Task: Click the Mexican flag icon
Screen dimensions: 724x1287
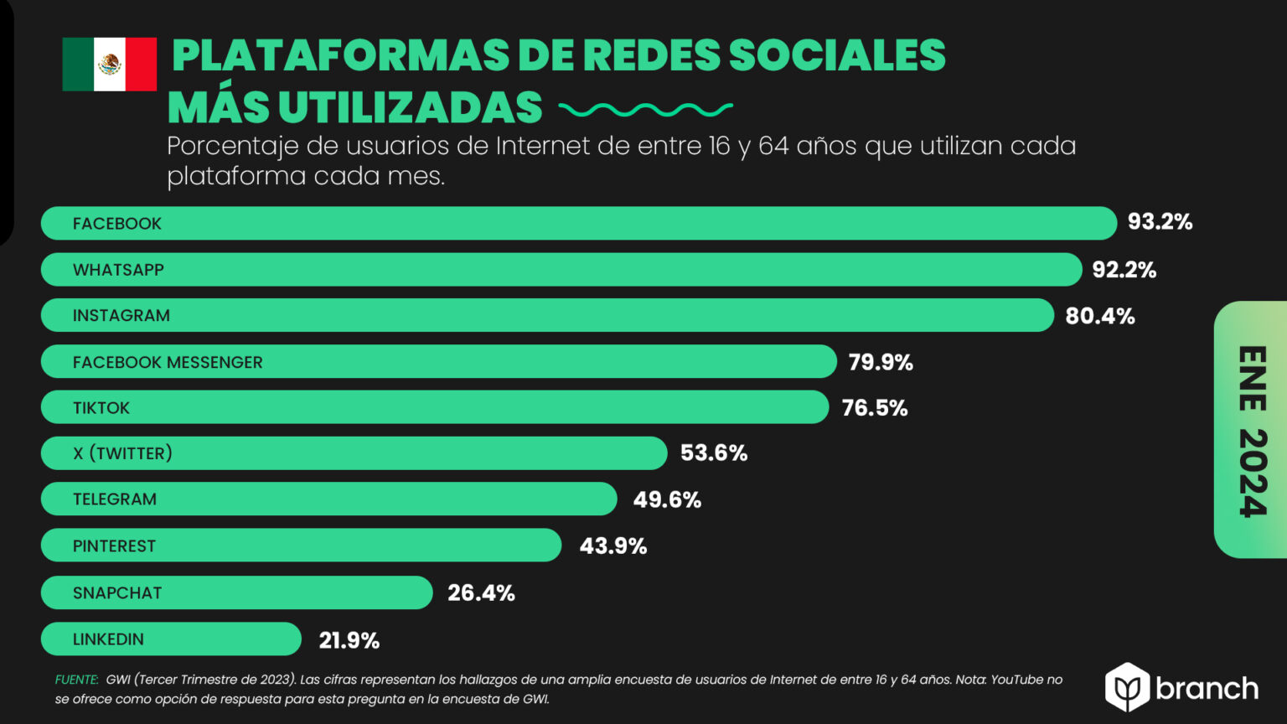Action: click(109, 65)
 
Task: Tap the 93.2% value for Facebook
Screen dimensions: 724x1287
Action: click(1160, 222)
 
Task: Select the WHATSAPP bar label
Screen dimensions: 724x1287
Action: click(118, 270)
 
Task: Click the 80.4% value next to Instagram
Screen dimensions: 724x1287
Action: click(1099, 316)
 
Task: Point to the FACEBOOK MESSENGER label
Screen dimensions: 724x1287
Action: click(168, 362)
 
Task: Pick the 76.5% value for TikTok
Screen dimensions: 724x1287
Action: click(874, 408)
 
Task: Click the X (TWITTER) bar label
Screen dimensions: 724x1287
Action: click(122, 453)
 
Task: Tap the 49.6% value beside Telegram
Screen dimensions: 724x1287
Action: click(667, 499)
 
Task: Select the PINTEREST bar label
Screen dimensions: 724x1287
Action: click(114, 546)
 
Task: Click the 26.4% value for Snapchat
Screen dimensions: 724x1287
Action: click(481, 593)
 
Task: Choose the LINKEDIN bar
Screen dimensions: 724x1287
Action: click(171, 639)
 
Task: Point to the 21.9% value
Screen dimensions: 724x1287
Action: click(349, 641)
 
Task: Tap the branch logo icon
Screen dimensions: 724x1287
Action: click(1126, 688)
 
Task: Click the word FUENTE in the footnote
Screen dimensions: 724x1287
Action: click(76, 680)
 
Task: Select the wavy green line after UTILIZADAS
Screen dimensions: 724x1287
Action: click(645, 109)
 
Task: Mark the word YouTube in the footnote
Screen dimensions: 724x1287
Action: click(1017, 680)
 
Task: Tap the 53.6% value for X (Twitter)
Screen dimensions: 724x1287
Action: click(713, 453)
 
